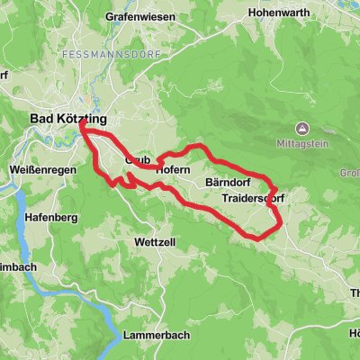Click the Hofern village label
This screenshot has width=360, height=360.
[x=172, y=169]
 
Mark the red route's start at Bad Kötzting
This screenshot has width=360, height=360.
[x=83, y=125]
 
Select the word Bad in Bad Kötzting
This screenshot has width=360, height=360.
[x=41, y=119]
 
